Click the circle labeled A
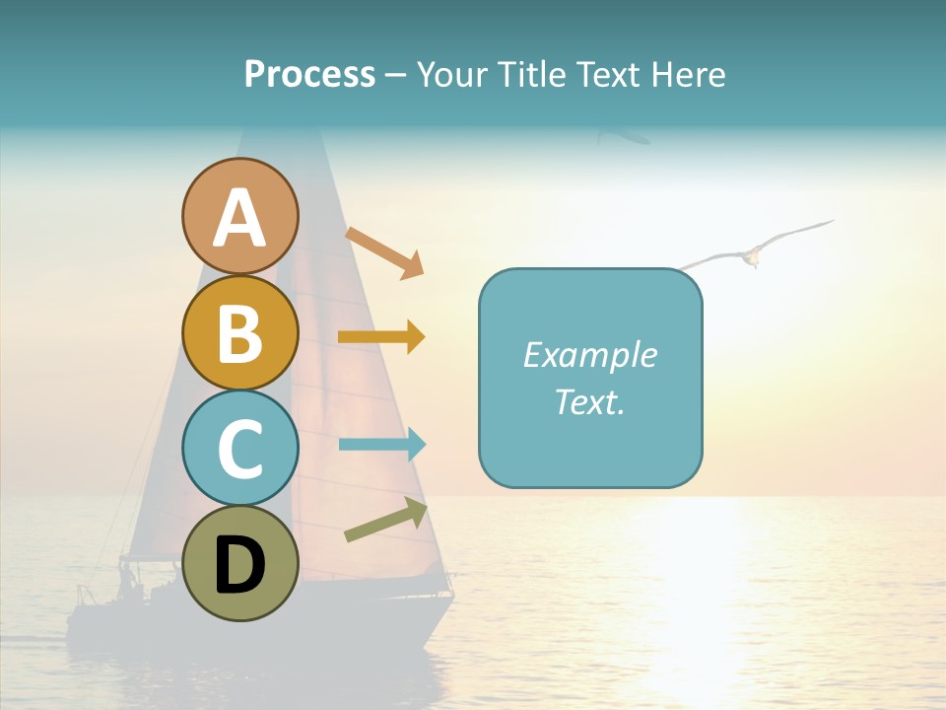pos(240,217)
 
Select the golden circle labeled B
pos(240,332)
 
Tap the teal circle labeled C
pos(240,449)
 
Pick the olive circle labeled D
pos(240,564)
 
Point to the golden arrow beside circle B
pos(381,337)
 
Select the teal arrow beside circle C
pos(382,444)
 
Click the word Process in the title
pos(309,74)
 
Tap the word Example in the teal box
pos(589,355)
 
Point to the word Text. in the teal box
pos(589,401)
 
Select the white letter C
pos(240,450)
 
